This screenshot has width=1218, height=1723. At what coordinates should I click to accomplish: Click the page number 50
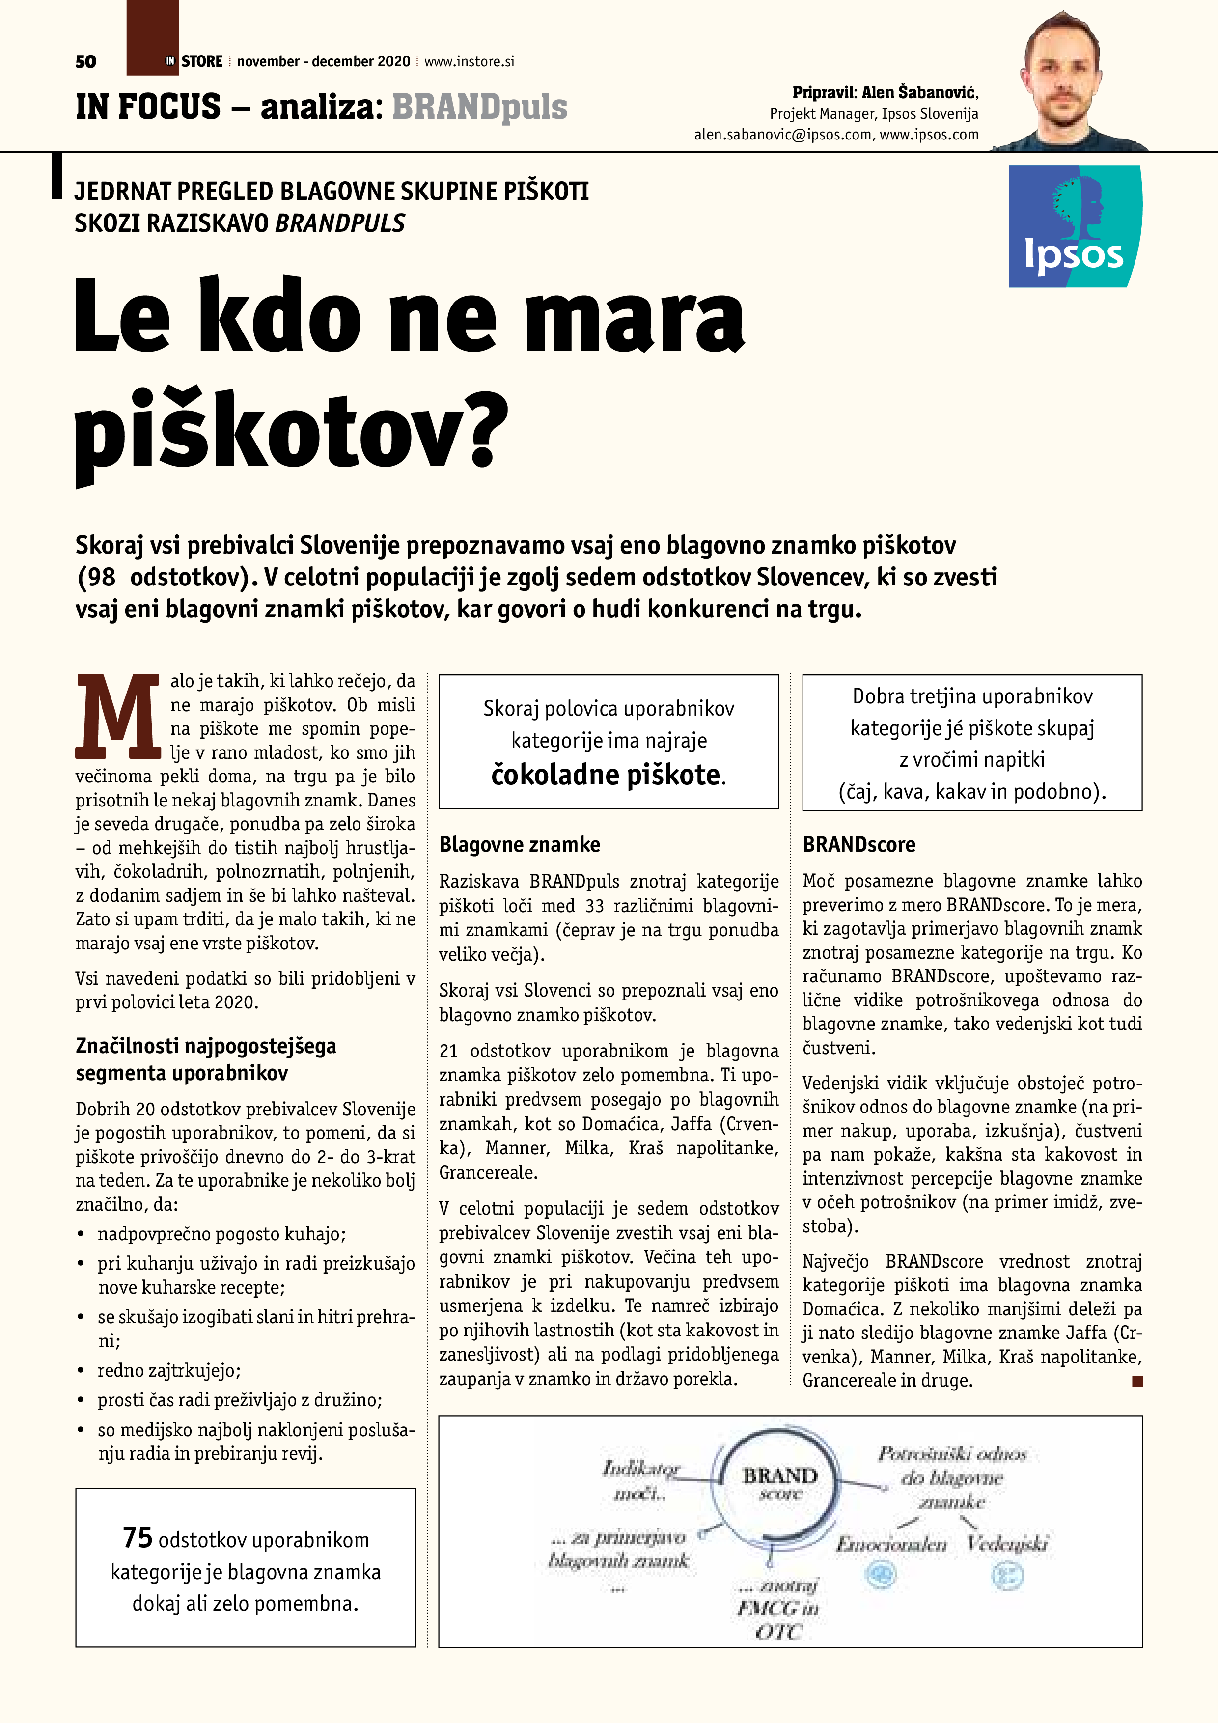pos(85,61)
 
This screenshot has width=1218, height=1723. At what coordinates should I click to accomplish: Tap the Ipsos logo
pos(1074,226)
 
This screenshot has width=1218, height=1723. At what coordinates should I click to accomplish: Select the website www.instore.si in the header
pos(469,61)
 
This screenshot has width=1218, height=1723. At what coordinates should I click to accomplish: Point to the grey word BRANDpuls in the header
pos(479,107)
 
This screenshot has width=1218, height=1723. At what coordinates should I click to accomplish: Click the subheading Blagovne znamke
pos(519,845)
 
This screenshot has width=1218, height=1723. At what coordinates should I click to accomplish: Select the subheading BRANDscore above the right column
pos(858,845)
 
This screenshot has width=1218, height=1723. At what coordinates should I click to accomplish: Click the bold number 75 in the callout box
pos(138,1538)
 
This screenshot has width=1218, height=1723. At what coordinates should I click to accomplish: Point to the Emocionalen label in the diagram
pos(891,1544)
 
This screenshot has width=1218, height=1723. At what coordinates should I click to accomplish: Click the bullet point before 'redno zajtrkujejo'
pos(80,1371)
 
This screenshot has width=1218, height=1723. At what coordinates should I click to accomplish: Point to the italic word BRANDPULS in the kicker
pos(340,223)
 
